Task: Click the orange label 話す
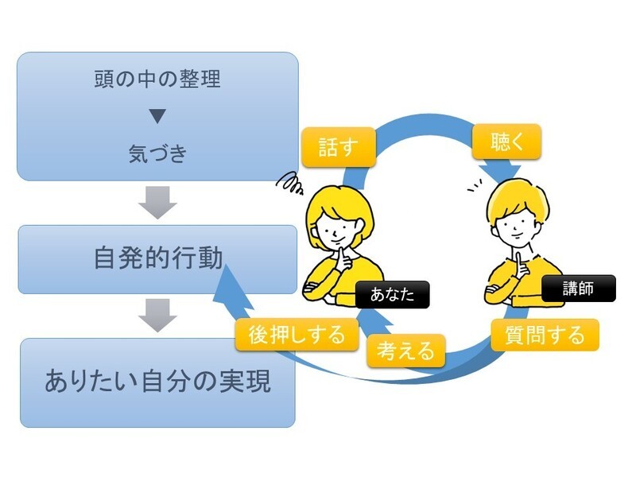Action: coord(337,149)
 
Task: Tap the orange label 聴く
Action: coord(506,142)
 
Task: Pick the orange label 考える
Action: coord(405,349)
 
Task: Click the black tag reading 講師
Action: coord(578,289)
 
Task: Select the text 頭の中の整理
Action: coord(157,80)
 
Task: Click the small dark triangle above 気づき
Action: coord(157,117)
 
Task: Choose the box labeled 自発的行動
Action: coord(157,259)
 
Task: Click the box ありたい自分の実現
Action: coord(157,382)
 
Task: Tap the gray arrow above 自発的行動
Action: coord(157,204)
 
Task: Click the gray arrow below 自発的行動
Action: coord(157,315)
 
